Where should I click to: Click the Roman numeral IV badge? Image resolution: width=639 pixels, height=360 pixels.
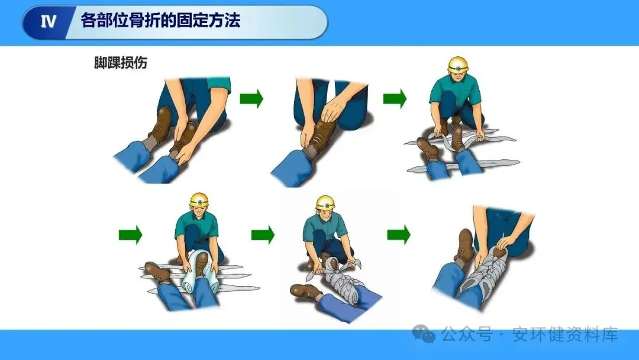pyautogui.click(x=49, y=21)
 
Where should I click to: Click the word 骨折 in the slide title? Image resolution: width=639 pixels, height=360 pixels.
pyautogui.click(x=144, y=20)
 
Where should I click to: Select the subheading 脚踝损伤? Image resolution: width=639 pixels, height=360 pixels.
pyautogui.click(x=120, y=63)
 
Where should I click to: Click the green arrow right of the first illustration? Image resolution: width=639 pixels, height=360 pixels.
pyautogui.click(x=251, y=99)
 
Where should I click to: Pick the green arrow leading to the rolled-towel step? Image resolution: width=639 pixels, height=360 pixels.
pyautogui.click(x=130, y=235)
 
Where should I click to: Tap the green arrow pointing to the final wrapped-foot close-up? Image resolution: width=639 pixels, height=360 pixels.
pyautogui.click(x=399, y=234)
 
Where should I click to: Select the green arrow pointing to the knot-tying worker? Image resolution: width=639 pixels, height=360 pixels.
pyautogui.click(x=263, y=235)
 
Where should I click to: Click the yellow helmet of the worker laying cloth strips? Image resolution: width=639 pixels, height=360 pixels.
pyautogui.click(x=458, y=65)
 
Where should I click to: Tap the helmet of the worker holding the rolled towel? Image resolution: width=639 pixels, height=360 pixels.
pyautogui.click(x=199, y=200)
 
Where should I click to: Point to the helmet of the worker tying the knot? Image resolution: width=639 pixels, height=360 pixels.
pyautogui.click(x=325, y=202)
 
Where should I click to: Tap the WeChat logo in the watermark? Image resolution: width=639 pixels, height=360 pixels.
pyautogui.click(x=424, y=334)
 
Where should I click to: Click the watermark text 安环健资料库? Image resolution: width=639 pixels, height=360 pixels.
pyautogui.click(x=565, y=335)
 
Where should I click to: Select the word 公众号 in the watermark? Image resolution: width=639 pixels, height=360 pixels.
pyautogui.click(x=467, y=335)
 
